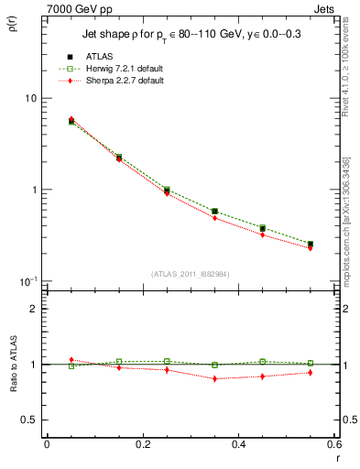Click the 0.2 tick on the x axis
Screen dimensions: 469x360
point(142,444)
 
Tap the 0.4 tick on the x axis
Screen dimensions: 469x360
point(238,444)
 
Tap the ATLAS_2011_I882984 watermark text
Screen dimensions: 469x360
point(190,273)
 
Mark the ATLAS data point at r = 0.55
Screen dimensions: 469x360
point(311,244)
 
